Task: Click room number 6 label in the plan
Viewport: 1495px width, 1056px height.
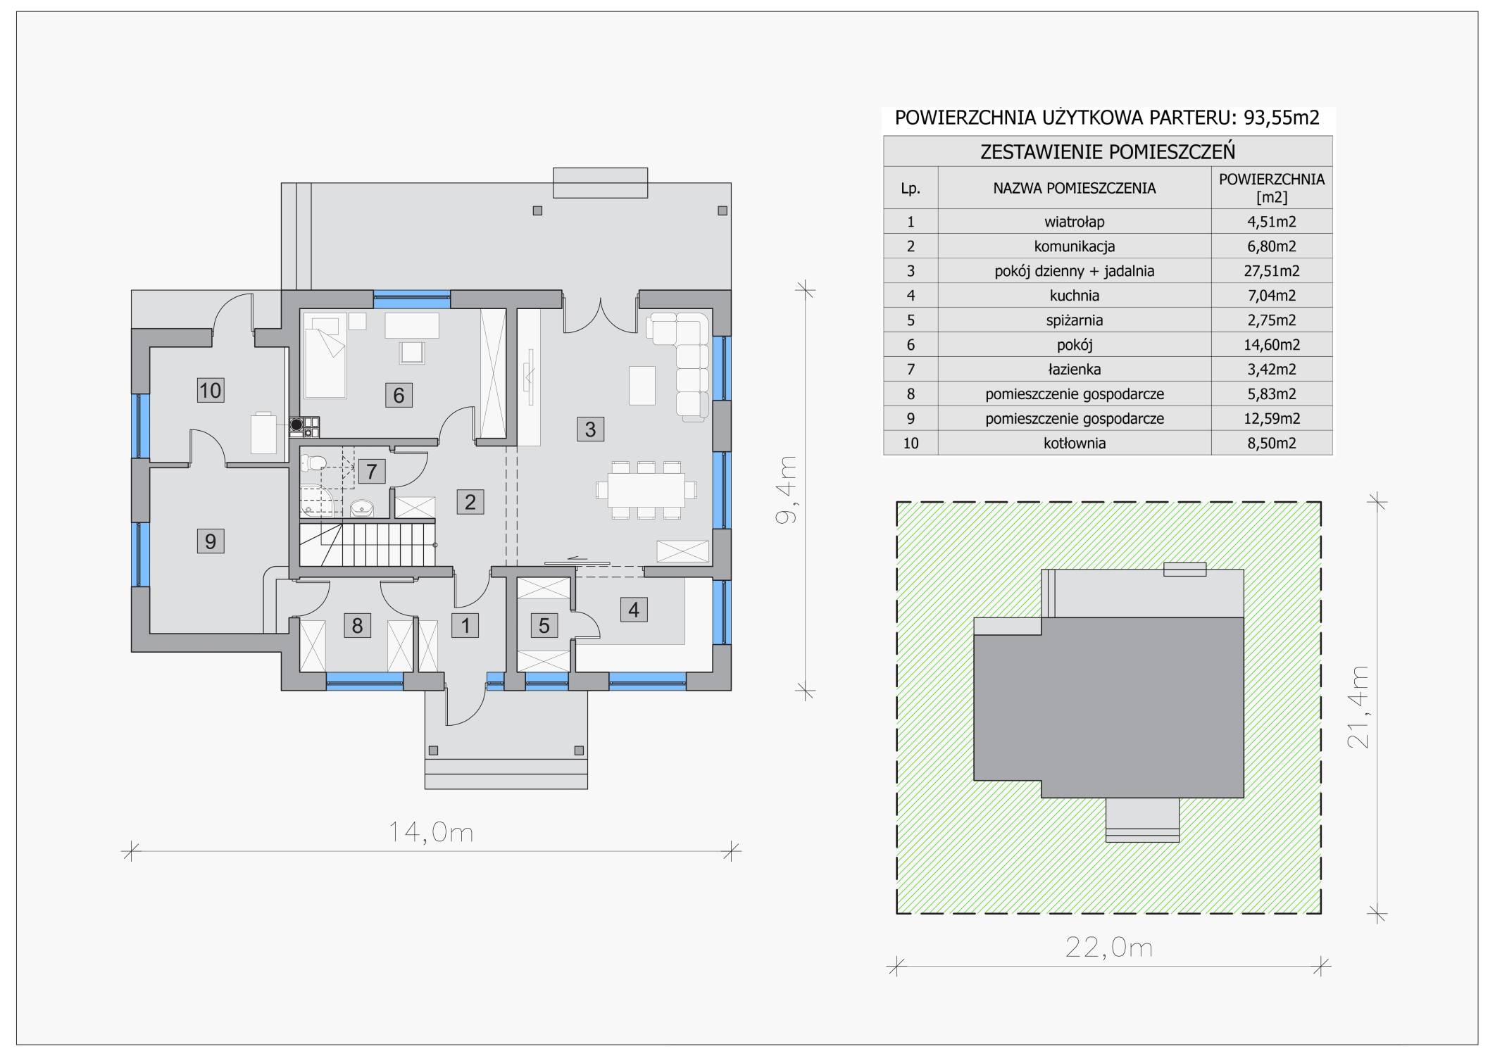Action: tap(399, 395)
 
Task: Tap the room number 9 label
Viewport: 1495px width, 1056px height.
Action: tap(210, 541)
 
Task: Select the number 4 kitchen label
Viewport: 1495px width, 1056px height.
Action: tap(634, 610)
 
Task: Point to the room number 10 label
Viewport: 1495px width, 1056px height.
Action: tap(210, 390)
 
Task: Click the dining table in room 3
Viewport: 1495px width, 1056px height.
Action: tap(646, 489)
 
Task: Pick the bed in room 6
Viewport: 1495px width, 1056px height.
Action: tap(325, 356)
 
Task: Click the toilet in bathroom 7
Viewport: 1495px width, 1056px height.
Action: tap(313, 463)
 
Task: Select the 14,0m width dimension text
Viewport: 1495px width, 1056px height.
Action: tap(431, 833)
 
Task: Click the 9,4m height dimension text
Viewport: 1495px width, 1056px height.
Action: tap(786, 489)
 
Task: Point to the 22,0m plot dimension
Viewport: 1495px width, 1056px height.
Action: tap(1108, 948)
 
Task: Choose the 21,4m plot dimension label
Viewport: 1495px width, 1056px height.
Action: tap(1358, 707)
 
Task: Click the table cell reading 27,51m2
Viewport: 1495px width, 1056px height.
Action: tap(1272, 271)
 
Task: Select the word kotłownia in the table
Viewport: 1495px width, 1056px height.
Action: tap(1075, 444)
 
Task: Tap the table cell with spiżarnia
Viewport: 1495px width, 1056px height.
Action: tap(1075, 320)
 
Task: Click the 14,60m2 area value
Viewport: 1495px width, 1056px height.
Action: tap(1272, 345)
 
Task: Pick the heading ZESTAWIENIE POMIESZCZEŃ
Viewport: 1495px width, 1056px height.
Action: tap(1108, 151)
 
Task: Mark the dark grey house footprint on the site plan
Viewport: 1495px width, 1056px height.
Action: tap(1108, 707)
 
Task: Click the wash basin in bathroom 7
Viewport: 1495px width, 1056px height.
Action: tap(363, 506)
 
